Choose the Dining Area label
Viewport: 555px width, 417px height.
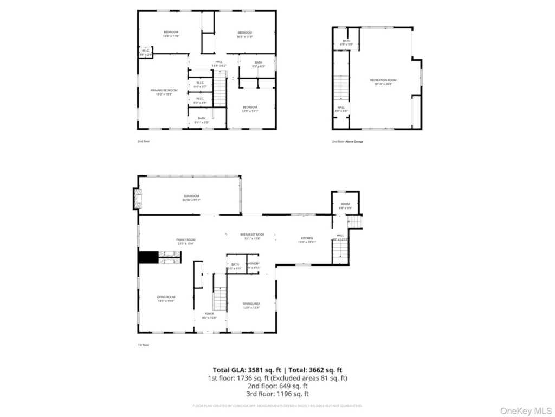point(251,305)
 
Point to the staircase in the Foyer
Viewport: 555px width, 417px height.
point(220,299)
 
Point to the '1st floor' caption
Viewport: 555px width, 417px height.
point(143,345)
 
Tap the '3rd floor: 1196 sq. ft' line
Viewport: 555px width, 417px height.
point(277,394)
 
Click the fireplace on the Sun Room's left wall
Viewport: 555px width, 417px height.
point(137,199)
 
